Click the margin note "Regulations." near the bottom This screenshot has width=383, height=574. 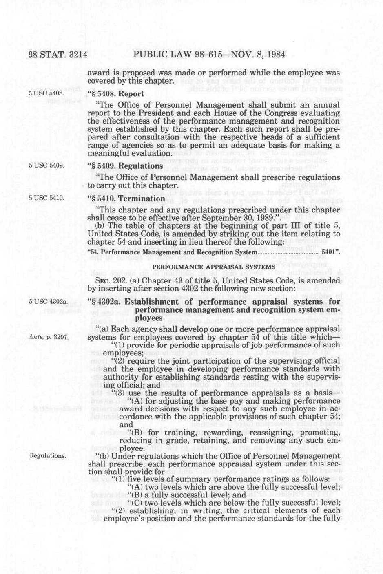pyautogui.click(x=48, y=455)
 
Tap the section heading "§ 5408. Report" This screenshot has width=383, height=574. pyautogui.click(x=116, y=94)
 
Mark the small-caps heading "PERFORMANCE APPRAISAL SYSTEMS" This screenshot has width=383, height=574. pyautogui.click(x=214, y=267)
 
